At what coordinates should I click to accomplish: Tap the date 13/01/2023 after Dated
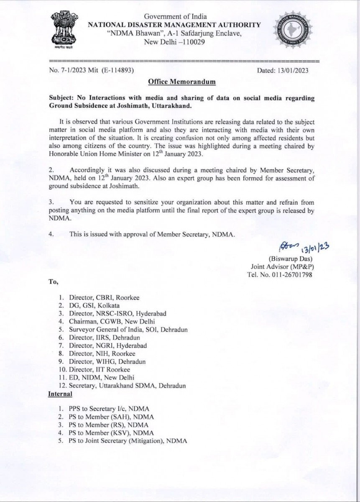coord(292,70)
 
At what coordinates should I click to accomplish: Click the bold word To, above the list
coord(53,282)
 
